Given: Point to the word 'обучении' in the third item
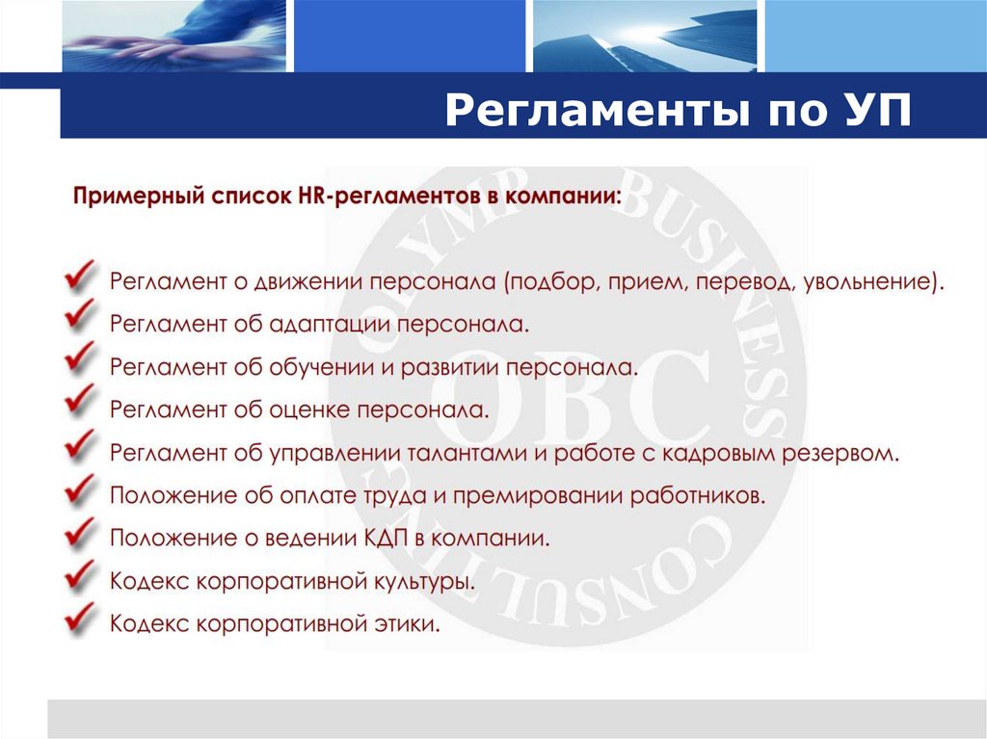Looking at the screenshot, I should [x=320, y=368].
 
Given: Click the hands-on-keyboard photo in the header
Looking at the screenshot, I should [x=173, y=36].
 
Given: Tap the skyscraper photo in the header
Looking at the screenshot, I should [x=643, y=36].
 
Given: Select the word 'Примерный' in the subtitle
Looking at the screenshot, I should [x=132, y=197].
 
